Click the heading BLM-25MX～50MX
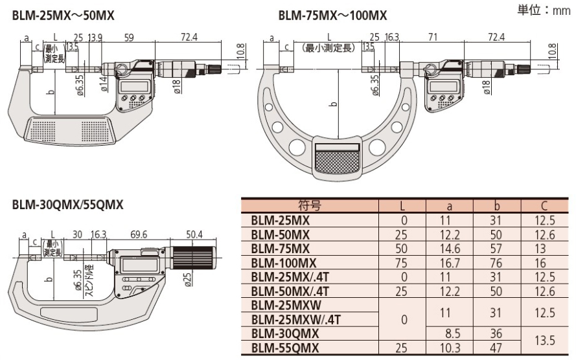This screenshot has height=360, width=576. point(63,16)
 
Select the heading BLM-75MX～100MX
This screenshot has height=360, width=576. point(332,16)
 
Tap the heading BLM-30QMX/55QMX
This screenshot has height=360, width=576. point(67,205)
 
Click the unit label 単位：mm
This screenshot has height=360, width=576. point(544,10)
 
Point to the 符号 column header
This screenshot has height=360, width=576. point(310,205)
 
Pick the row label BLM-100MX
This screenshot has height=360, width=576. point(284,263)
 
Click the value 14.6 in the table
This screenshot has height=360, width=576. point(450,249)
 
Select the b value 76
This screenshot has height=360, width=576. point(496,263)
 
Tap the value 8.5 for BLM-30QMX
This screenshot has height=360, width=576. point(452,333)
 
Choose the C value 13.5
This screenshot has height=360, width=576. point(544,340)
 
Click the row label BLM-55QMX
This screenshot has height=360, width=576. point(285,348)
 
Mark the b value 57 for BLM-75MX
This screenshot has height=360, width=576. point(496,249)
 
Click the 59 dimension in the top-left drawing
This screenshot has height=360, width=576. point(129,38)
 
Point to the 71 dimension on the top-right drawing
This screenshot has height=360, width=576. point(433,37)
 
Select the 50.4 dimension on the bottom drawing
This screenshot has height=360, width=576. point(194,234)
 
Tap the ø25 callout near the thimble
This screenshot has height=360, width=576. point(187,279)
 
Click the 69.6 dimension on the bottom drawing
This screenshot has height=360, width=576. point(139,234)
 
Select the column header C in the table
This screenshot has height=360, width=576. point(544,205)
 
